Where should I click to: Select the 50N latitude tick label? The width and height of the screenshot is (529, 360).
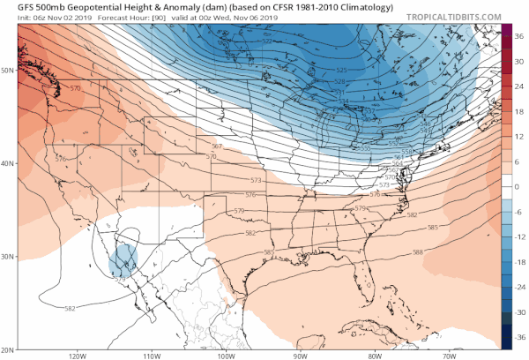9,69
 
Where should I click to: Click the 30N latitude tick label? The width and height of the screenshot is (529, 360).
9,257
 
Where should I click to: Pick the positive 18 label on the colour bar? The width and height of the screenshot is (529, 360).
518,110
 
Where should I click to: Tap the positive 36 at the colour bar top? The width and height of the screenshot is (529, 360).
518,34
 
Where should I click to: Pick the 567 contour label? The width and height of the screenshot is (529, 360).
218,145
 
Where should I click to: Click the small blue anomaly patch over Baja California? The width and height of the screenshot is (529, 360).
124,259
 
